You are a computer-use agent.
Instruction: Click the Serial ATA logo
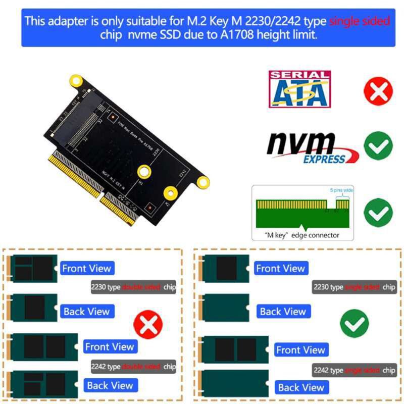299,89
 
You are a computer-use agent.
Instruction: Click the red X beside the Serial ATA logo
378,91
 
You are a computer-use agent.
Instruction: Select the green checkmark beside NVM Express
378,146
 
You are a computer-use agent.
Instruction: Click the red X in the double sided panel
148,325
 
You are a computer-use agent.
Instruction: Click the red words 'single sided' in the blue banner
360,21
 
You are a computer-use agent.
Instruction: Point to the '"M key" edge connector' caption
302,235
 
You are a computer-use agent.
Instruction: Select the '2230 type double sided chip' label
133,287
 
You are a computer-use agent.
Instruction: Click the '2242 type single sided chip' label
354,370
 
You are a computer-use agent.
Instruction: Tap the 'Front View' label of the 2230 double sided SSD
86,268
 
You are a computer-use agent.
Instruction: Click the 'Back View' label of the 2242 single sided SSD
301,387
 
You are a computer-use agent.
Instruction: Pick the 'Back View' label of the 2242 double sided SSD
110,385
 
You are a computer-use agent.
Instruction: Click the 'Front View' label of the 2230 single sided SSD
280,268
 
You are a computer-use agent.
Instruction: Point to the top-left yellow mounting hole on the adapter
77,80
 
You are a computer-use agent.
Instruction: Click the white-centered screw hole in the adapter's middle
144,172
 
